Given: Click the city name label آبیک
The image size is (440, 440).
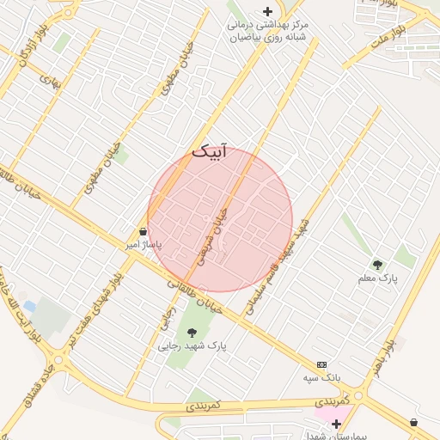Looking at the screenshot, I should pos(211,152).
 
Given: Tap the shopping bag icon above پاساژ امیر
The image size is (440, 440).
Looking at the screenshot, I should pos(143,231).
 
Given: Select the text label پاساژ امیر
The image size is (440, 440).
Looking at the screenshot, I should pos(144,245).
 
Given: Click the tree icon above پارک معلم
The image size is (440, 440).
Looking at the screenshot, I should pos(377,265).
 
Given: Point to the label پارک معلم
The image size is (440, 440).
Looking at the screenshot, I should pos(379,279).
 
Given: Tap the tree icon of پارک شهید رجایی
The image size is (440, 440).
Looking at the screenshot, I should pos(191,333).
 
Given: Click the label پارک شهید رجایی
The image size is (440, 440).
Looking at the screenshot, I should pos(192,346).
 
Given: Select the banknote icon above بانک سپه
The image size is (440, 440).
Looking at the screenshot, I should pos(322,364).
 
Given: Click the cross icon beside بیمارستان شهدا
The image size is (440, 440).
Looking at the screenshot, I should pos(336,424).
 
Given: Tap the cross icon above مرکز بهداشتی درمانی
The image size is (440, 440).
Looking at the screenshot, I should pos(267,11).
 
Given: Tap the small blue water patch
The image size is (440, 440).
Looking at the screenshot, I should pos(30,306).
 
